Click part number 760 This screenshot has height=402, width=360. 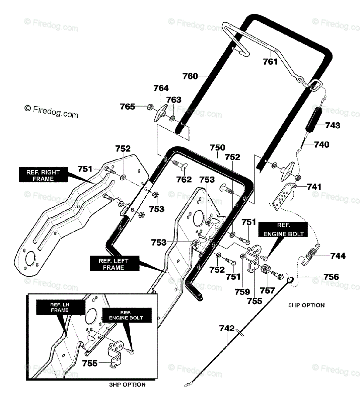click(x=190, y=76)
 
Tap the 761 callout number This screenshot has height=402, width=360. click(x=270, y=62)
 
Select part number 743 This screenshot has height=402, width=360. click(x=333, y=125)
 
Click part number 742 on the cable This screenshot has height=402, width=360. click(x=227, y=328)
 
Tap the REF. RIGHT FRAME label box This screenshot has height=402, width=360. click(x=44, y=175)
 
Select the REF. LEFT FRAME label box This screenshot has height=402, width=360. click(x=115, y=263)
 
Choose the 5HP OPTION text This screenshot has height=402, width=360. click(x=306, y=305)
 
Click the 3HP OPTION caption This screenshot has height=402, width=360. click(x=127, y=385)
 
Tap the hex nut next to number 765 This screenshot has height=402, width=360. click(x=150, y=107)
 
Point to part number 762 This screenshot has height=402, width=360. click(x=184, y=179)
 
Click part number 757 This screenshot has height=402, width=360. click(x=267, y=291)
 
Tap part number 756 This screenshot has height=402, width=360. click(x=331, y=277)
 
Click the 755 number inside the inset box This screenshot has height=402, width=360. click(x=90, y=363)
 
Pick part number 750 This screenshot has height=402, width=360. click(x=218, y=148)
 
